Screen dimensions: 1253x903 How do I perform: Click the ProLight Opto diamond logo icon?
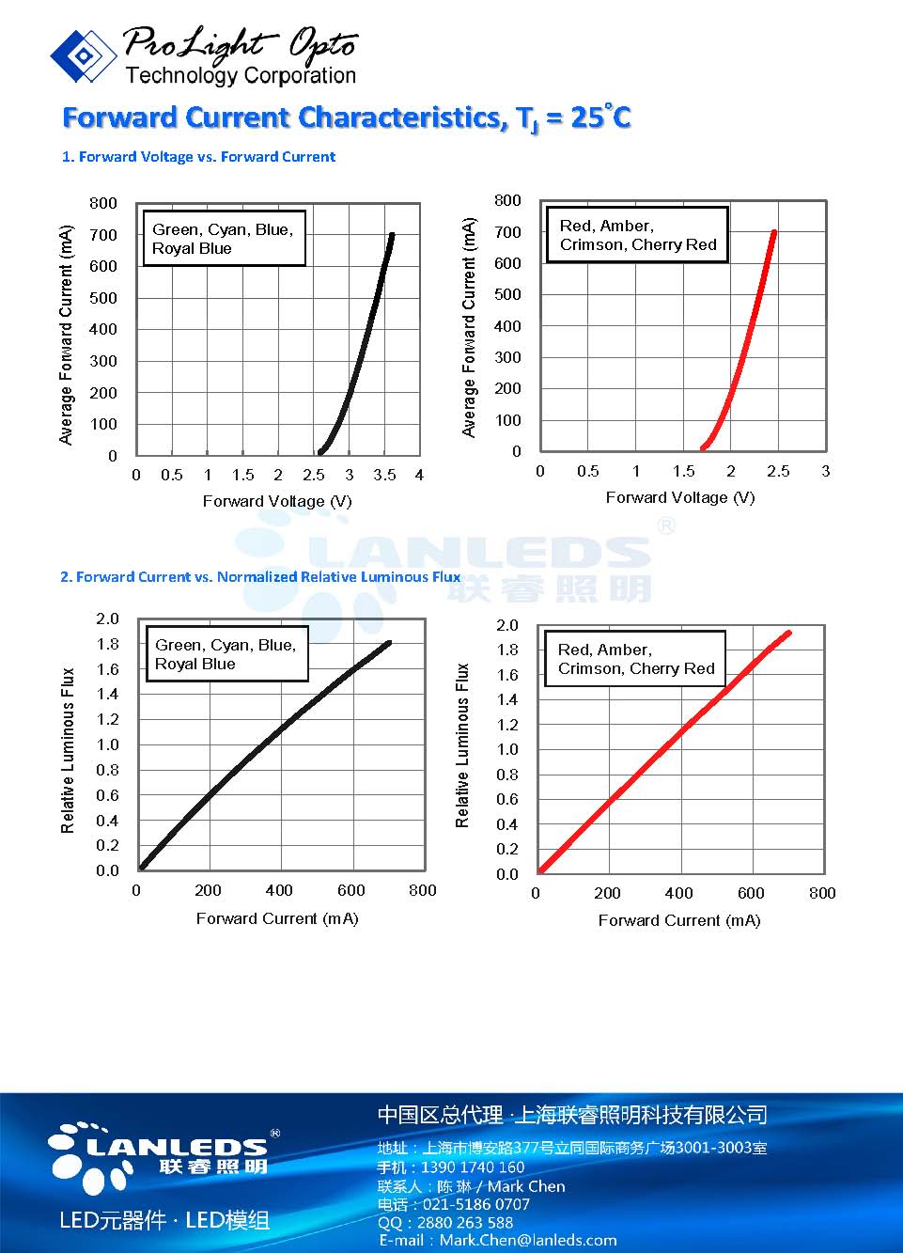pos(84,56)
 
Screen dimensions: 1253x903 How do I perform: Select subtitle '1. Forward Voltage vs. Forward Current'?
pos(198,157)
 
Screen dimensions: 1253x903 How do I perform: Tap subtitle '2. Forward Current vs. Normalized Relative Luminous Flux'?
pos(260,577)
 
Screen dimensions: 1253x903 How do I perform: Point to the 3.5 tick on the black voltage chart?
pos(384,476)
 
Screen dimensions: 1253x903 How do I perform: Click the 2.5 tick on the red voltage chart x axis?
pos(778,472)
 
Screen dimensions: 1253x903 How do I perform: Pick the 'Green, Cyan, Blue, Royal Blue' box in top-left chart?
pos(224,239)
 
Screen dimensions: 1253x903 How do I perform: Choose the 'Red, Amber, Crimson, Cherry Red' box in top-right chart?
pos(637,235)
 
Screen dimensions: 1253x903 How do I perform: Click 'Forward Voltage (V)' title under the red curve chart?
pos(680,497)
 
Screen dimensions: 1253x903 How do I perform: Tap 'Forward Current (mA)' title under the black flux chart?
pos(277,918)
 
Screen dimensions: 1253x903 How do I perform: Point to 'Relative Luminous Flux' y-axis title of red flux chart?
pos(462,745)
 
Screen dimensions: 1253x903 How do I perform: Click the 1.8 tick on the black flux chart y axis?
pos(108,645)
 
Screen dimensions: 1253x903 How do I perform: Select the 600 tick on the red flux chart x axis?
pos(751,893)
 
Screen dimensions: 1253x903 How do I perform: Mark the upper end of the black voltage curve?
pos(392,235)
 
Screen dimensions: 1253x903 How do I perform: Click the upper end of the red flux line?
pos(787,634)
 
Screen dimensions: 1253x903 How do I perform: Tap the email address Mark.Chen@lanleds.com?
pos(527,1241)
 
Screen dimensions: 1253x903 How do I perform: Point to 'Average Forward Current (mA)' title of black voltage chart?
pos(66,336)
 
